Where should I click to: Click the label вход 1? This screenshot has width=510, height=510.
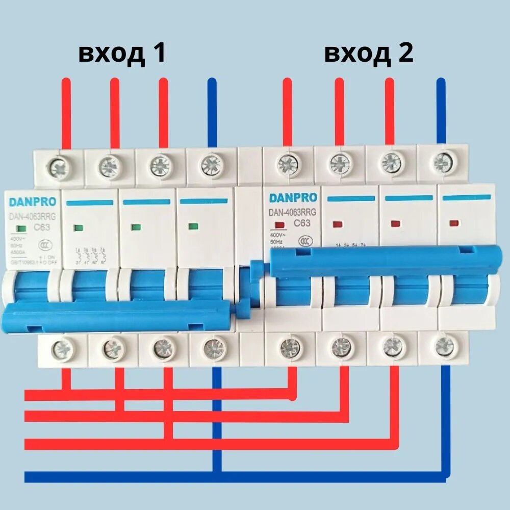pos(122,53)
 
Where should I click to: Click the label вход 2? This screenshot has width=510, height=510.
pos(369,53)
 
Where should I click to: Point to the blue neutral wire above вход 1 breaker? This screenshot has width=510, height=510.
pos(213,112)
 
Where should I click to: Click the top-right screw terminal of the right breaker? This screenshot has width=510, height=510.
pos(442,162)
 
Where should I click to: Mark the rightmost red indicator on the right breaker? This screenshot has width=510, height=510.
pos(453,223)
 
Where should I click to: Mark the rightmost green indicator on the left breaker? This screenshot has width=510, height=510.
pos(193,226)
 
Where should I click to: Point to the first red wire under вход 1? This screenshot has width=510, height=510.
pos(66,112)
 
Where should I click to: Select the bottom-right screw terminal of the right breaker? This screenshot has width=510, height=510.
pos(444,347)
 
